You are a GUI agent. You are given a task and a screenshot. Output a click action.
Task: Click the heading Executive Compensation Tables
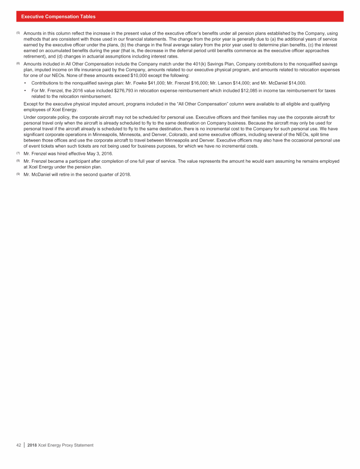58,16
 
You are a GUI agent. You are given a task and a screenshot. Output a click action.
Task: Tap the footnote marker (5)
18,34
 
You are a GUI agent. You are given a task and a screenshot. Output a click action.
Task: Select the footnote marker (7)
18,154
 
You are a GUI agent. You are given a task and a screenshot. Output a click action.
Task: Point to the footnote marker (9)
18,174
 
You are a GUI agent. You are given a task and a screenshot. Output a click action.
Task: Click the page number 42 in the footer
19,445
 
